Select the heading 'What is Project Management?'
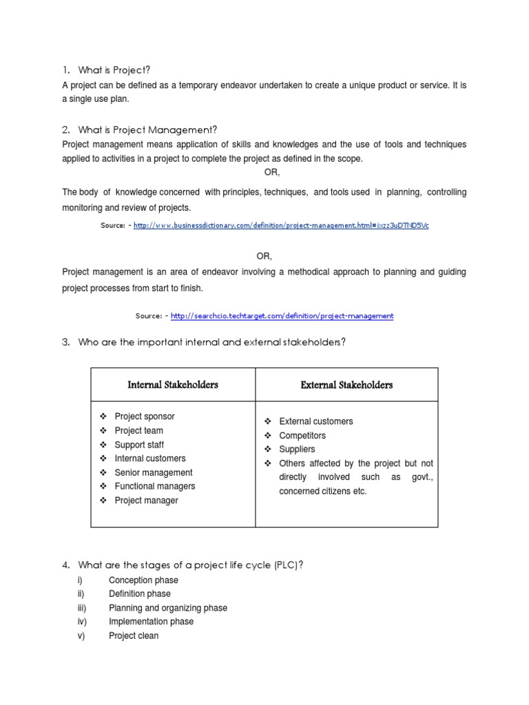click(147, 129)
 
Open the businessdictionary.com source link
click(281, 225)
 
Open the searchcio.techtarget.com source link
click(282, 315)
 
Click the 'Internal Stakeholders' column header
click(173, 385)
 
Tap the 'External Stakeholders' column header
click(346, 385)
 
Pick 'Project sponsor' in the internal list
click(145, 417)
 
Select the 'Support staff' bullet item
click(139, 445)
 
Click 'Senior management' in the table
click(154, 472)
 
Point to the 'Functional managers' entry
click(155, 486)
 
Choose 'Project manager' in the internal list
click(146, 501)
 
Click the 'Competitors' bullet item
click(302, 436)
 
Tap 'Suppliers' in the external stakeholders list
click(297, 450)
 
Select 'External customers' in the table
click(316, 421)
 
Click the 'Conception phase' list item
click(143, 580)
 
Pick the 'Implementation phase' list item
click(151, 622)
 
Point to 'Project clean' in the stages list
click(134, 635)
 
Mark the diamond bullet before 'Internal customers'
click(102, 459)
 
